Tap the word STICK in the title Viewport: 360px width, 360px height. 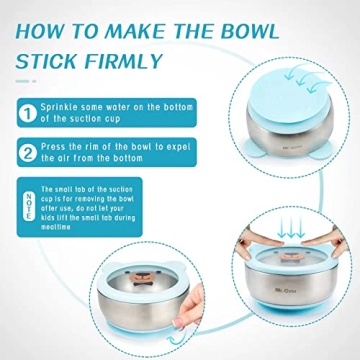coord(50,61)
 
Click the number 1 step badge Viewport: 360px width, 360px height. coord(26,110)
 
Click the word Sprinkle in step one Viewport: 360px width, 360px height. coord(61,104)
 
